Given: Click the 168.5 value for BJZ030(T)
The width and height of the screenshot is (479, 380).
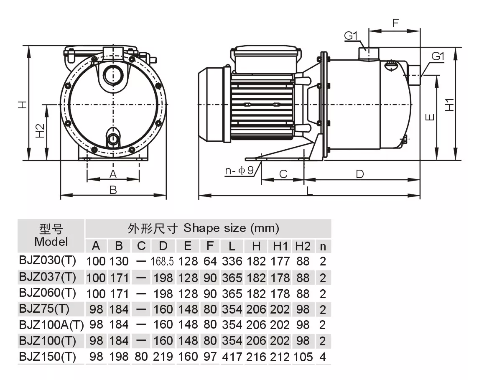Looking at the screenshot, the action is pos(162,261).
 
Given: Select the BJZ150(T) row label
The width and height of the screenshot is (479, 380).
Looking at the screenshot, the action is pos(47,357).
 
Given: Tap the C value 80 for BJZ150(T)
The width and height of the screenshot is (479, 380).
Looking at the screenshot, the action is pos(141,357).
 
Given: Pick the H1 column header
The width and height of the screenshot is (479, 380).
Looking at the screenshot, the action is pos(280,246).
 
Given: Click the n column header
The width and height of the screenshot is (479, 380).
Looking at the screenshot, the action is pos(323,247).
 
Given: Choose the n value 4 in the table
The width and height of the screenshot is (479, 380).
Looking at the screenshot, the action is pos(323,357).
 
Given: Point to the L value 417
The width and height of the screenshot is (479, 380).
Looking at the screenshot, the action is pos(232,357).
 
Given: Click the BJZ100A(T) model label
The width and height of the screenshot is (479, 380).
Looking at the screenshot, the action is pos(51,325).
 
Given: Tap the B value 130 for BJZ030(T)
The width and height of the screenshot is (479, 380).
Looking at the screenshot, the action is pos(119,261).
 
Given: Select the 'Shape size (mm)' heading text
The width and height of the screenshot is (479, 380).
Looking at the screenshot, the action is pos(231,228).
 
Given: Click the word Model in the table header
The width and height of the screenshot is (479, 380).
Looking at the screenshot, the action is pos(51,242).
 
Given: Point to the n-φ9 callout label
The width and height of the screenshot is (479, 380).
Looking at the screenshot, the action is pos(239,171).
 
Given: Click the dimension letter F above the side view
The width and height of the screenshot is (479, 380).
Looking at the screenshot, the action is pos(395,23).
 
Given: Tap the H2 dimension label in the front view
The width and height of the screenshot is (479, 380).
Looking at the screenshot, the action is pos(40,131).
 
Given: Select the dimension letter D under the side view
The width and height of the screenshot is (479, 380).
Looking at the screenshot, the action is pos(360,174).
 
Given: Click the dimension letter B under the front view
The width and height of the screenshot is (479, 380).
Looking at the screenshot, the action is pos(113,190).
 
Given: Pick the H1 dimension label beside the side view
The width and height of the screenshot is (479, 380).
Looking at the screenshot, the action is pos(449,105).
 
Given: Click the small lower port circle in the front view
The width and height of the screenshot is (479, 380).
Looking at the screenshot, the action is pos(113,139).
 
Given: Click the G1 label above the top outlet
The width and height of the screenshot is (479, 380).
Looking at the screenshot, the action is pos(351,36).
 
